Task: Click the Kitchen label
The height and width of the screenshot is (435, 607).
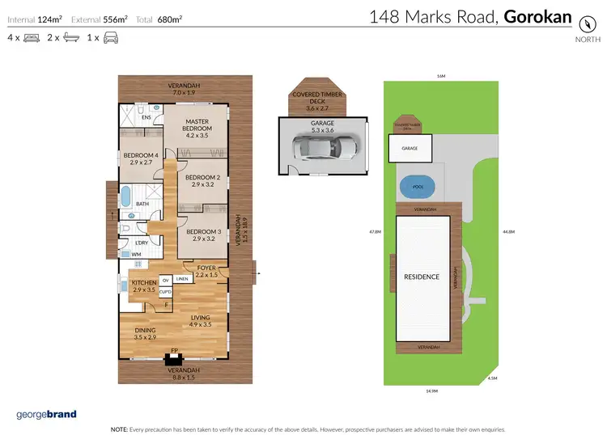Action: click(x=143, y=285)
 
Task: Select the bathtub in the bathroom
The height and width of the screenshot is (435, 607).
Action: click(x=126, y=195)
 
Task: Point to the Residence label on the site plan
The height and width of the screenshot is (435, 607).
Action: click(x=422, y=277)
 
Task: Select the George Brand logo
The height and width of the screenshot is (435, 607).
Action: click(x=46, y=415)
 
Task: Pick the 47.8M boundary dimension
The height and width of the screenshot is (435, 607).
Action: click(x=375, y=232)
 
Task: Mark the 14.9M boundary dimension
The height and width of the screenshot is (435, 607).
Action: click(x=431, y=391)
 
